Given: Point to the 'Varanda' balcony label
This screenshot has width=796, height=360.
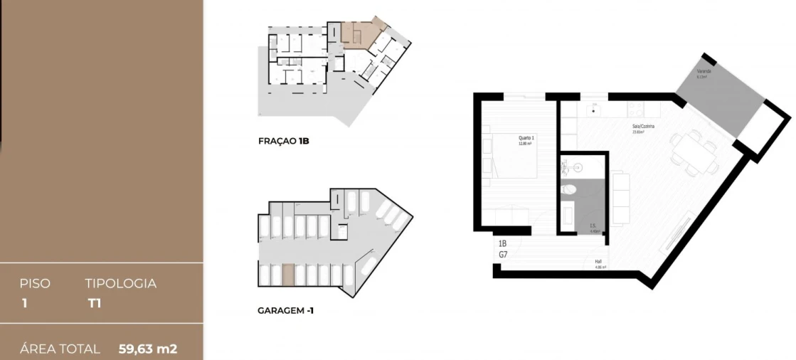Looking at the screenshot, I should coord(703,73).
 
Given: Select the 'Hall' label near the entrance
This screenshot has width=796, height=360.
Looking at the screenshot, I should coord(599,262).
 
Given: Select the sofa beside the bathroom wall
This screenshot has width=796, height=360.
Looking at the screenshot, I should coord(620,198).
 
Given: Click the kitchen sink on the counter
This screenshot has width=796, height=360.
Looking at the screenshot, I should coord(594,111).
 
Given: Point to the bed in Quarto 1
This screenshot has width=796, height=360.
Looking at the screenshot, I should coord(510,154).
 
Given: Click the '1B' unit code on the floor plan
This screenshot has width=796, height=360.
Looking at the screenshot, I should coord(502,243).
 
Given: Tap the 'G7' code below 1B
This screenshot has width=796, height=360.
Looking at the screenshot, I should coord(502,253).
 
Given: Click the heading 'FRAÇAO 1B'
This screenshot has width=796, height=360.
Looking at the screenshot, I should coord(283,141).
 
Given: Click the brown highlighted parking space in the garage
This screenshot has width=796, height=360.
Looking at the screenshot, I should coord(288,275).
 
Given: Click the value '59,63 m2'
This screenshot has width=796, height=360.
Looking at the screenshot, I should coord(147,349).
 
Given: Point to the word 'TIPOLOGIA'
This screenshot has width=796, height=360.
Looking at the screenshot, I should coord(120,283).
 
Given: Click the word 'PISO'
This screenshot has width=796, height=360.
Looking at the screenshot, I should coord(35,283).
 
